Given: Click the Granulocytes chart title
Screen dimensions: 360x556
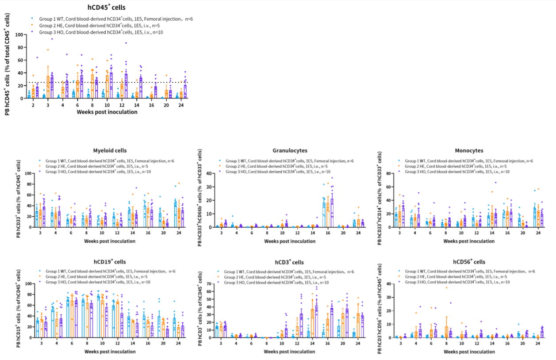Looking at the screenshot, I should (x=290, y=151).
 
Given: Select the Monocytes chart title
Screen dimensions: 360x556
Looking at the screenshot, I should (x=469, y=151).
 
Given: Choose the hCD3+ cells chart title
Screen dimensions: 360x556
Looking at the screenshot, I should (x=290, y=262).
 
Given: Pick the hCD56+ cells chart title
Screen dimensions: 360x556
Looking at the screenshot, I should (x=469, y=262).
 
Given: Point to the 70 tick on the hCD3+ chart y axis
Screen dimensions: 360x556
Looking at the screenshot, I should (x=208, y=283).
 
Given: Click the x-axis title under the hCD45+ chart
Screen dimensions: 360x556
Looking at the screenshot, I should (x=107, y=112).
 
